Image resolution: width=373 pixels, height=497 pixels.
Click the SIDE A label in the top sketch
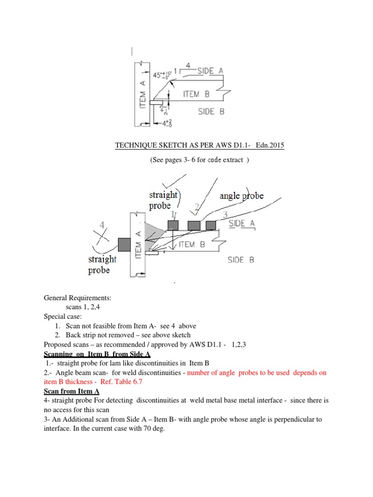pos(210,71)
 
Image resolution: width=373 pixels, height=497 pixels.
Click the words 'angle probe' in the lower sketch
pos(241,196)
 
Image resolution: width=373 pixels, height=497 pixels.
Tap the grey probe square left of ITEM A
pos(124,245)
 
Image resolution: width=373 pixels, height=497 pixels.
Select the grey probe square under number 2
pos(194,225)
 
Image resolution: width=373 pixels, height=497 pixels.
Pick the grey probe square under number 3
pos(211,225)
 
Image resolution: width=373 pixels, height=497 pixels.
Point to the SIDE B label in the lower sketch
pos(241,260)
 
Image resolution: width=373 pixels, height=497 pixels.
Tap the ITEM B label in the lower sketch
pos(194,245)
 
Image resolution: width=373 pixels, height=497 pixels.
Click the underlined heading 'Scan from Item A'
pos(72,391)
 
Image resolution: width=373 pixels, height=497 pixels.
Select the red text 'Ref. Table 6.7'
pos(123,382)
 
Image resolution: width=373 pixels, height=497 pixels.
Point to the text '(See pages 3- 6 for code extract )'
pos(200,160)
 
